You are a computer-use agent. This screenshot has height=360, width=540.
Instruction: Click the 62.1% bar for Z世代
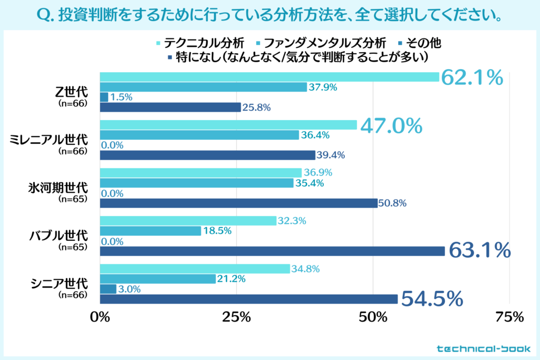(x=269, y=77)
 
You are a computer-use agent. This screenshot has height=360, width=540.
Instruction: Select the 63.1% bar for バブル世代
(x=272, y=251)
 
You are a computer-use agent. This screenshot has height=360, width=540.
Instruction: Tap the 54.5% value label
(x=432, y=299)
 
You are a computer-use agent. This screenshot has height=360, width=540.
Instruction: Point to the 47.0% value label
(x=391, y=125)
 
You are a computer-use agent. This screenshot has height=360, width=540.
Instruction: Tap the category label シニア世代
(x=61, y=284)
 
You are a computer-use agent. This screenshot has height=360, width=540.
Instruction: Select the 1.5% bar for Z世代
(x=104, y=97)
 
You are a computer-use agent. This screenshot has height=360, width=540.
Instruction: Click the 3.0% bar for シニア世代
(x=108, y=289)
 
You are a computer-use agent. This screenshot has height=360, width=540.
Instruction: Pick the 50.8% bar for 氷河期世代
(x=238, y=203)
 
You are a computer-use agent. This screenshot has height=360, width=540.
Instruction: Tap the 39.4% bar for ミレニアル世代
(x=207, y=155)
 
